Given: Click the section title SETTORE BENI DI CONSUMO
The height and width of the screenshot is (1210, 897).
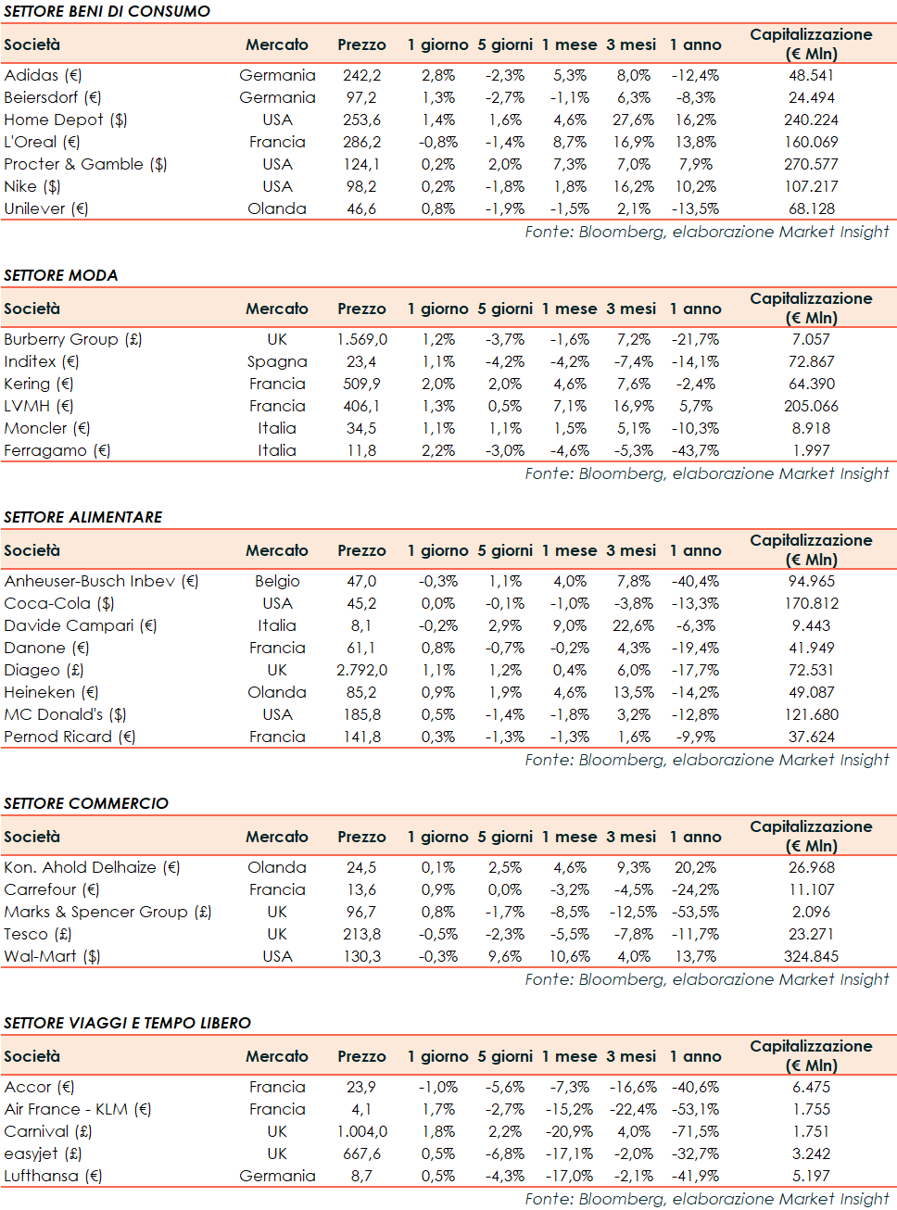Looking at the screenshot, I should tap(107, 11).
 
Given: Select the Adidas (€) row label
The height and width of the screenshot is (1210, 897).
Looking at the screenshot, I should tap(43, 75).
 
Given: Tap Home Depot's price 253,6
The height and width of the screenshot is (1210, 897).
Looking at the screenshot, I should tap(361, 120).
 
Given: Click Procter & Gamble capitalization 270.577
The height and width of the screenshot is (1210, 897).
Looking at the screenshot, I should tap(811, 164).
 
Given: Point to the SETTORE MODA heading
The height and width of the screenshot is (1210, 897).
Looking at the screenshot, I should tap(61, 275).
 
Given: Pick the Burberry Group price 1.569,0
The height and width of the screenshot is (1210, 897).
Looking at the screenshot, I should tap(361, 339).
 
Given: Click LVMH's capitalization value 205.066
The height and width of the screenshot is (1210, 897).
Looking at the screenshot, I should tap(811, 406).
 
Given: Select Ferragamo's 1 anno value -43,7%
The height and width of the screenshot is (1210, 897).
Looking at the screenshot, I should tap(695, 450).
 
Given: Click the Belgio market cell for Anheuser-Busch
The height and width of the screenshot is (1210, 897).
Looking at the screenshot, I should tap(277, 581).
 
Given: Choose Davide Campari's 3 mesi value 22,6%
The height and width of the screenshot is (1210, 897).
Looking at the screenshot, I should tap(633, 625).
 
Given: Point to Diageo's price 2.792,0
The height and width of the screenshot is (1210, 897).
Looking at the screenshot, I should tap(361, 670).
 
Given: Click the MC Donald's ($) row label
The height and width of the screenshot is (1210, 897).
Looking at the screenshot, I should tap(65, 714).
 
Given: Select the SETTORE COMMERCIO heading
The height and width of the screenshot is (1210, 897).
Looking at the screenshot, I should tap(86, 803).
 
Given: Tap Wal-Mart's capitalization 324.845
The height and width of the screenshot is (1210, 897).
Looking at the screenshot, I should tap(811, 956).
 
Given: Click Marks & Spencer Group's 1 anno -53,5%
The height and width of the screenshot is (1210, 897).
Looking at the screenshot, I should tap(695, 912).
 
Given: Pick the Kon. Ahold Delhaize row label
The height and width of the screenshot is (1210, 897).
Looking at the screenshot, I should tap(92, 867).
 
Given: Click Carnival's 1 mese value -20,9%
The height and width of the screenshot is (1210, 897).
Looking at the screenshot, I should tap(570, 1131).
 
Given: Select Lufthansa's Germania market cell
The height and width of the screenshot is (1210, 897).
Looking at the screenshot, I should tap(277, 1176).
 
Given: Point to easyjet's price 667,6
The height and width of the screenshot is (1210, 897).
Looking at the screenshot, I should tap(361, 1153).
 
